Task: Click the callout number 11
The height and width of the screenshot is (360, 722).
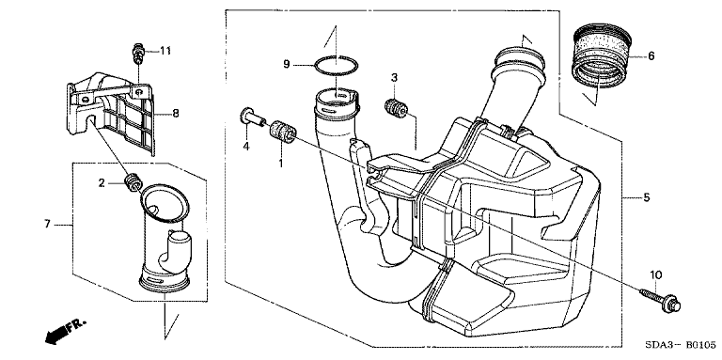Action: tap(165, 51)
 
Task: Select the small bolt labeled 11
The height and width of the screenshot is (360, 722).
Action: tap(137, 53)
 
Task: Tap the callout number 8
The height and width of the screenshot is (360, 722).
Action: tap(176, 113)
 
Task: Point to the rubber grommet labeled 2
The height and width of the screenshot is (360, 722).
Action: tap(133, 181)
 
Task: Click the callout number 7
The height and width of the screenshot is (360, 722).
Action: tap(47, 225)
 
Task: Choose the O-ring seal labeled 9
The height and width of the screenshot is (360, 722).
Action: tap(337, 66)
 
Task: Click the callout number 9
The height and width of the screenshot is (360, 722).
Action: tap(287, 65)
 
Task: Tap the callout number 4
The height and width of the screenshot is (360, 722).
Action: tap(246, 147)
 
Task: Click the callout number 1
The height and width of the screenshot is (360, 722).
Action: tap(280, 163)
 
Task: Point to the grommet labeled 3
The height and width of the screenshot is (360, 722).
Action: tap(395, 108)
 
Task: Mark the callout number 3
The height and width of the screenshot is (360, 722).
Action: tap(394, 78)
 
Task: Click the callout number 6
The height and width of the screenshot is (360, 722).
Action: tap(651, 56)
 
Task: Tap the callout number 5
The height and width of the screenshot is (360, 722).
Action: tap(647, 197)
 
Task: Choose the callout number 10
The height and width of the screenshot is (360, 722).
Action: tap(655, 275)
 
